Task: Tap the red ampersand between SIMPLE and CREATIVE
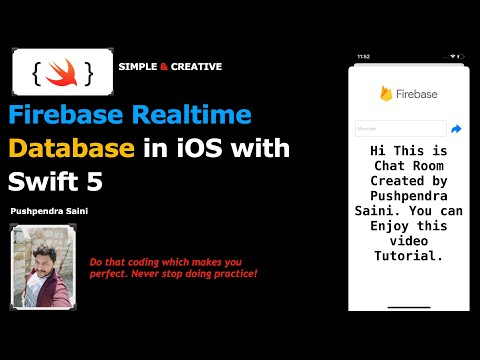click(163, 67)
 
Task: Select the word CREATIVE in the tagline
click(196, 67)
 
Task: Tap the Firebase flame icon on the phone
click(386, 94)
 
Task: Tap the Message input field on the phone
click(400, 129)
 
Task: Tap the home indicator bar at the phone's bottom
click(408, 306)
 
